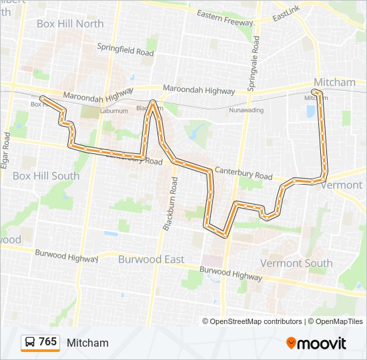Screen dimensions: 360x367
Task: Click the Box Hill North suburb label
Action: click(x=70, y=24)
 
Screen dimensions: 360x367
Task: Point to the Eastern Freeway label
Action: click(x=225, y=17)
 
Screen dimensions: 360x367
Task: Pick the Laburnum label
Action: click(x=114, y=111)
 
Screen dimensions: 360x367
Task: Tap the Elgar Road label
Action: click(x=7, y=150)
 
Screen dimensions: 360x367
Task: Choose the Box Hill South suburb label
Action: click(x=45, y=176)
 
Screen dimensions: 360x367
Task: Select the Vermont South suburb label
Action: click(x=296, y=263)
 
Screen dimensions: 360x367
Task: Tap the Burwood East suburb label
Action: click(x=151, y=259)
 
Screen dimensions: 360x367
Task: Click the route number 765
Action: click(x=47, y=342)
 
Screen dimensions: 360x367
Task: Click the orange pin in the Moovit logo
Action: click(x=292, y=343)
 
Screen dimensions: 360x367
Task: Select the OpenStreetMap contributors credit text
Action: click(x=256, y=321)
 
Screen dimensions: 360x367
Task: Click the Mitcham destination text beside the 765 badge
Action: click(x=87, y=343)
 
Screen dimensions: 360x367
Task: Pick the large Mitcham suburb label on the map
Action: click(x=334, y=82)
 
